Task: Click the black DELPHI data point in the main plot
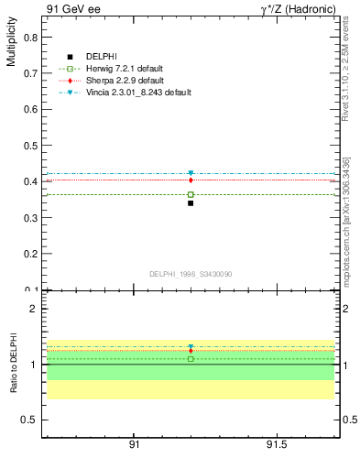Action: [191, 203]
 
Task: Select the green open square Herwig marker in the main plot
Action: [191, 194]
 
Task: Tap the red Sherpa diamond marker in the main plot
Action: [191, 180]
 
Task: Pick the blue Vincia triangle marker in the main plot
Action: [191, 173]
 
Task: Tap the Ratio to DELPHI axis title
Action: [12, 364]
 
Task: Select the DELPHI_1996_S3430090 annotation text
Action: [190, 274]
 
